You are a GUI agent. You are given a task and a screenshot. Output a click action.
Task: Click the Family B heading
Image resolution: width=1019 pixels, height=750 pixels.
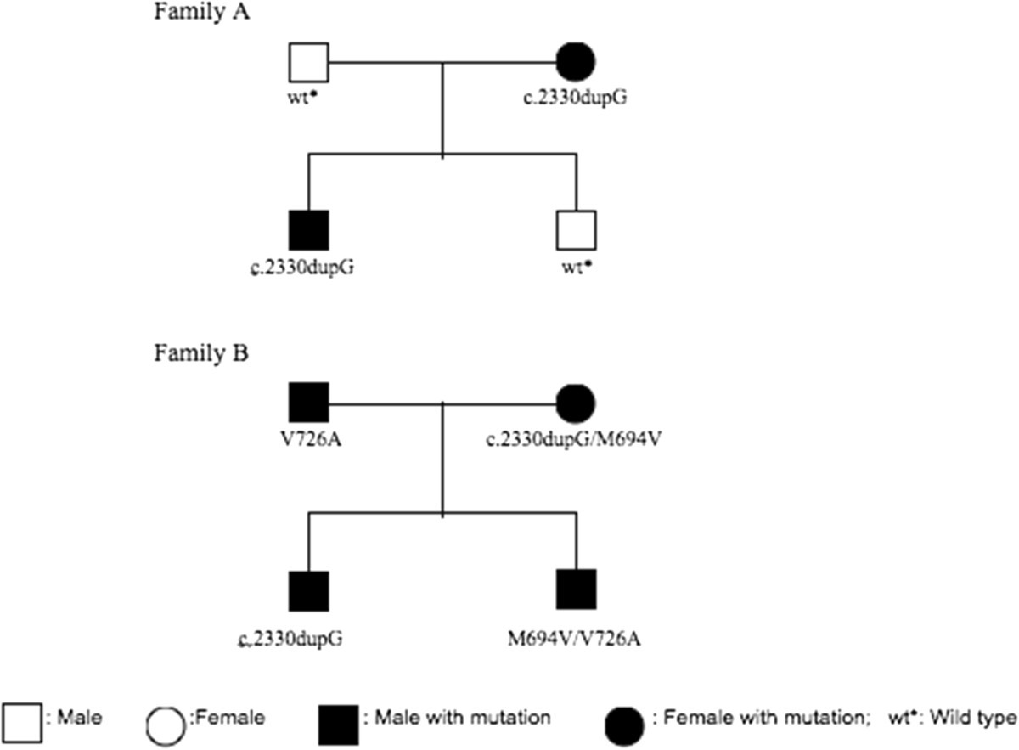click(x=201, y=353)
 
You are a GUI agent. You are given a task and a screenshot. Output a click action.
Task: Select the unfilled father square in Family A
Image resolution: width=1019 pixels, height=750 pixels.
click(x=308, y=61)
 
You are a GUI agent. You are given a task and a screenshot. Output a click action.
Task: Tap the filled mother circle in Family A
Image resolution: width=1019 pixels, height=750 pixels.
click(x=576, y=61)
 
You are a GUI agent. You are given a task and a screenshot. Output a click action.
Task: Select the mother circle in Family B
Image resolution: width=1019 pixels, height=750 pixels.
click(x=576, y=402)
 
